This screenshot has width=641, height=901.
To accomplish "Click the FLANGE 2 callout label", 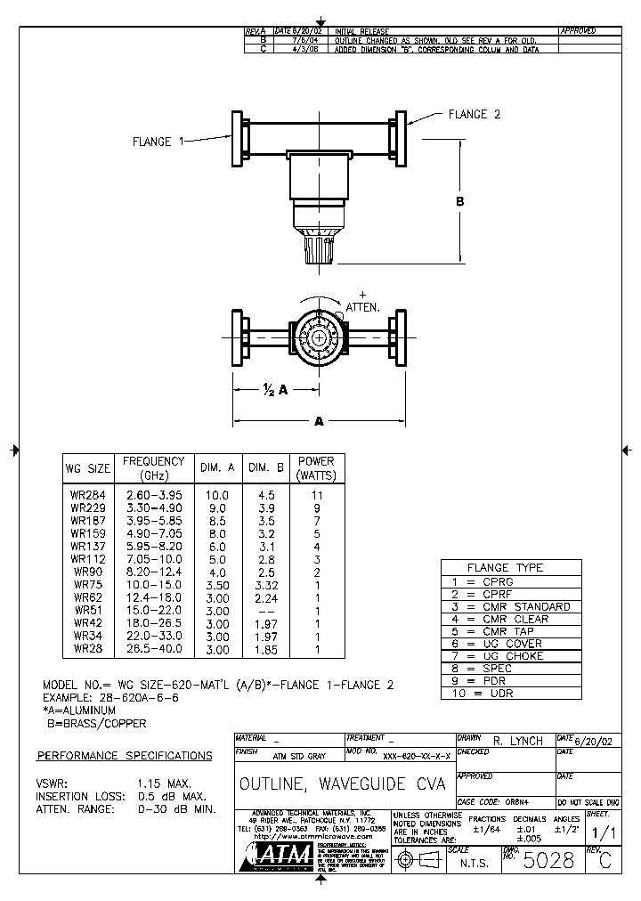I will coord(474,114).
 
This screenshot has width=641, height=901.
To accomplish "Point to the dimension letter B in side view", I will coord(460,202).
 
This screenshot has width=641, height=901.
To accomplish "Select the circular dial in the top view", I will coord(319,336).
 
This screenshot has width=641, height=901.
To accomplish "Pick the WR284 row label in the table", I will coord(87,494).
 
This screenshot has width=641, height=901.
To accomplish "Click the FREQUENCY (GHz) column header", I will coord(153,467).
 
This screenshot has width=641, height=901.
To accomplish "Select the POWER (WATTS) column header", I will coord(316,467).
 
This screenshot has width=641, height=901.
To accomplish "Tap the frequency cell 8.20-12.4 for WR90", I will coord(153,571).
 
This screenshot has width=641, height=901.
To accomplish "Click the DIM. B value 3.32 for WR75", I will coord(264,583).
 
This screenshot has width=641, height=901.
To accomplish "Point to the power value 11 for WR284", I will coord(316,494).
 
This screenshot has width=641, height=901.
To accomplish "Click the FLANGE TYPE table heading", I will coord(511,567).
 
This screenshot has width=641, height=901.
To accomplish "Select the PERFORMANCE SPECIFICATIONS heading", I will coord(125,756).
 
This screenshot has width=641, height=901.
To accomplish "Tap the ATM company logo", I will coord(280,856).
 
